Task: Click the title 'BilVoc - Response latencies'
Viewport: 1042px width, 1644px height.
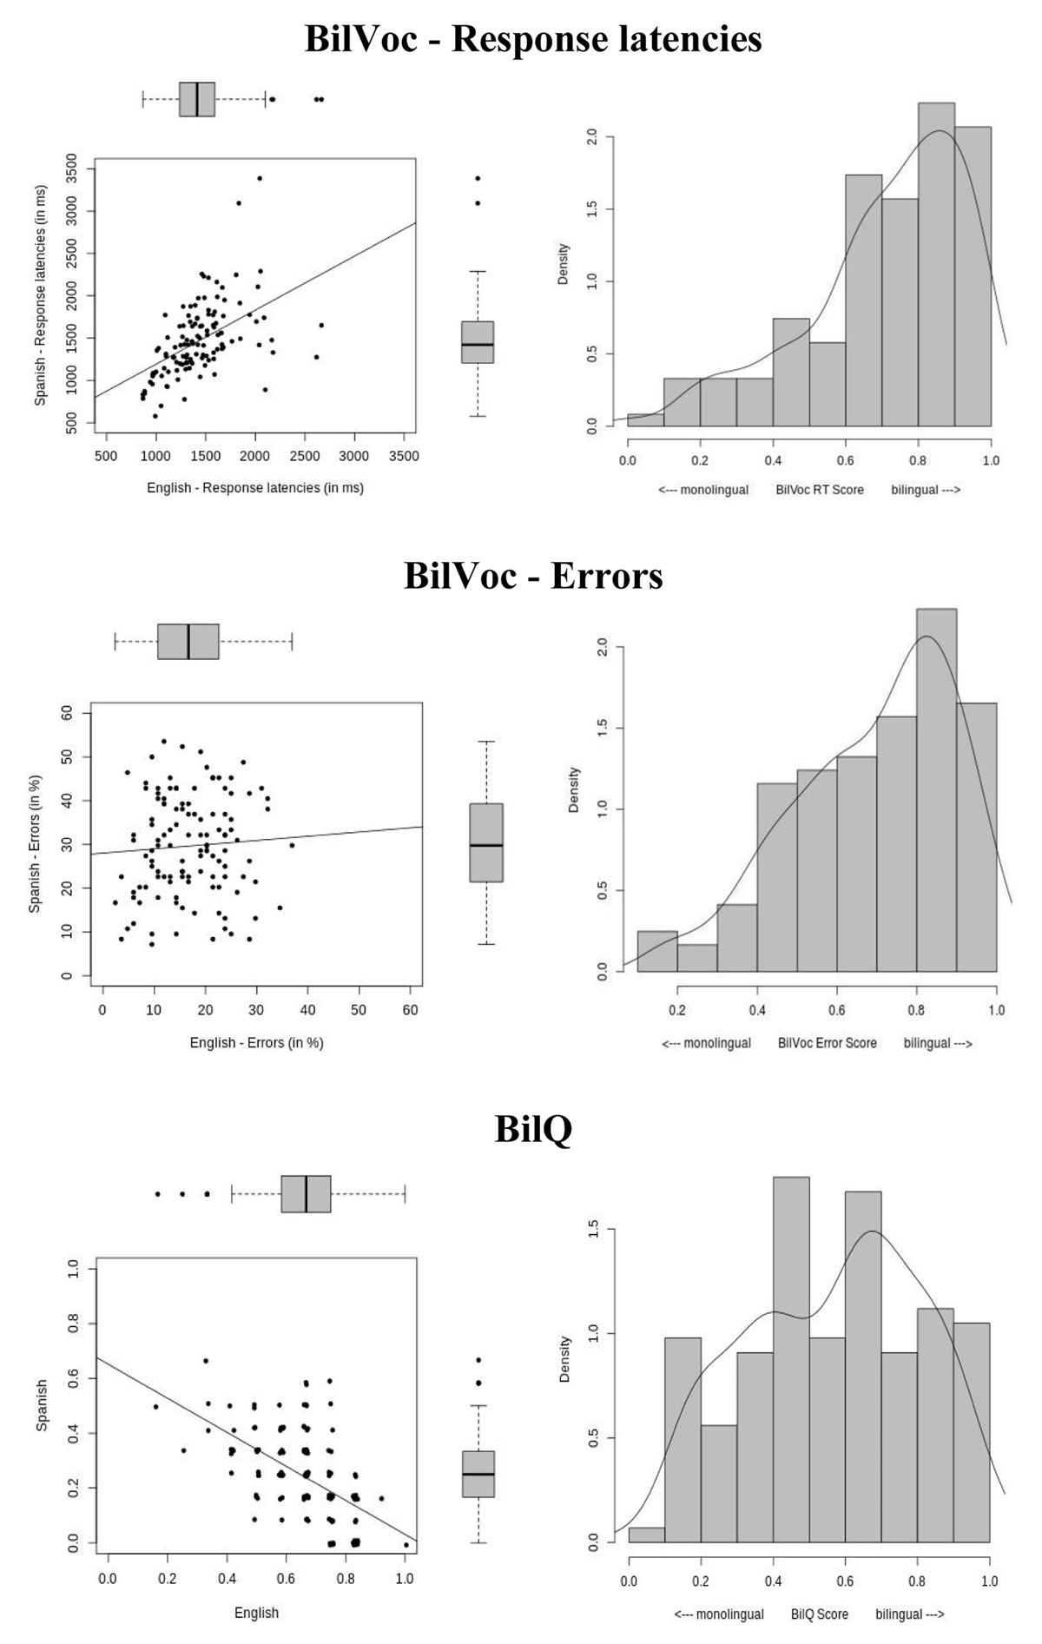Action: [533, 40]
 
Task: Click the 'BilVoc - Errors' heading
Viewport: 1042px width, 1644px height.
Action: [533, 576]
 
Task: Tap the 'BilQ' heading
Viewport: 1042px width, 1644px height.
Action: [533, 1128]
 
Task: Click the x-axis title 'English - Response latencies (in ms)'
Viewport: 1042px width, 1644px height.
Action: [255, 488]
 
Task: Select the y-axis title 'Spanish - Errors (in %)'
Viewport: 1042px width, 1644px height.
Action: [36, 842]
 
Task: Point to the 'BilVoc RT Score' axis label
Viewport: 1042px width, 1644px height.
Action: [820, 490]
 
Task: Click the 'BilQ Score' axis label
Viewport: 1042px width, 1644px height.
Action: [820, 1614]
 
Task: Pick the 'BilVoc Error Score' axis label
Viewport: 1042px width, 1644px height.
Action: [828, 1042]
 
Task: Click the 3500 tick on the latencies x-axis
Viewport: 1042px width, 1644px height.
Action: [404, 456]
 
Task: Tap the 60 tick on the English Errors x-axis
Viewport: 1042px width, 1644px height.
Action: [411, 1010]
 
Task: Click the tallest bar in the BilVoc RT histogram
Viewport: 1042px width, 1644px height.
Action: [936, 265]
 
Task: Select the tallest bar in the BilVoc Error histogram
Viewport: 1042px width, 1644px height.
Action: [936, 790]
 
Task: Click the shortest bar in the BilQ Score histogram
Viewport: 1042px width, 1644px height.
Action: [647, 1535]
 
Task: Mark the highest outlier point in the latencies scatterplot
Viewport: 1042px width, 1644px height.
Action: [259, 178]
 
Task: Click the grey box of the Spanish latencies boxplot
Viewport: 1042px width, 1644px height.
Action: [478, 342]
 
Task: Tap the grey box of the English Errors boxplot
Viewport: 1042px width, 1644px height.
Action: [188, 642]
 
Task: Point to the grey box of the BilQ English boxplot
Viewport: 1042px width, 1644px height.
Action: [306, 1194]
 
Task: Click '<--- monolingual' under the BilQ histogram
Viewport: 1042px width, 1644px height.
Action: [719, 1614]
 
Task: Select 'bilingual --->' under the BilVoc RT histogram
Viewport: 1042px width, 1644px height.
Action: [926, 490]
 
